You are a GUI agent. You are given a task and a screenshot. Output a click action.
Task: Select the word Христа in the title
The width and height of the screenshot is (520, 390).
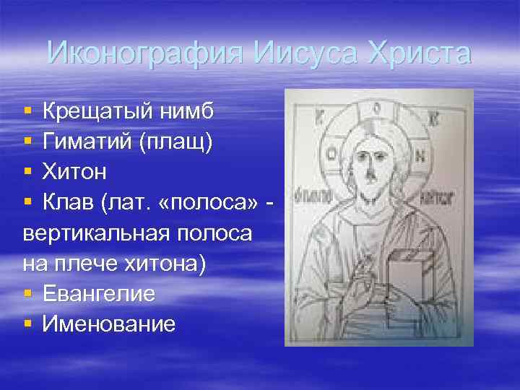[419, 53]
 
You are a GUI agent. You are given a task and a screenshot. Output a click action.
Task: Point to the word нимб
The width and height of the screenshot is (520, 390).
[188, 112]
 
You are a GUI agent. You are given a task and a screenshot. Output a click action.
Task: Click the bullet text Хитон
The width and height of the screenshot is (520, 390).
[74, 173]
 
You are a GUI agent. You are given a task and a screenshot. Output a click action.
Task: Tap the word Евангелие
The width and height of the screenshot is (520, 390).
[98, 294]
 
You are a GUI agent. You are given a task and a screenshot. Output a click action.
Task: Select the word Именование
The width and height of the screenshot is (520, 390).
[108, 324]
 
